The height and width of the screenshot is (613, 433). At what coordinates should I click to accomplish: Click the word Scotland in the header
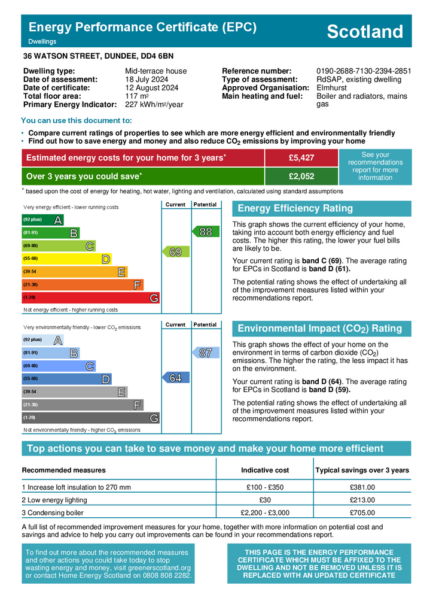pyautogui.click(x=365, y=32)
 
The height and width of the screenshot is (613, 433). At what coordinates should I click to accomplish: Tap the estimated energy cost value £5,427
pyautogui.click(x=301, y=157)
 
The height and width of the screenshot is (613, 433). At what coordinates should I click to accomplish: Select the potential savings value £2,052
pyautogui.click(x=301, y=176)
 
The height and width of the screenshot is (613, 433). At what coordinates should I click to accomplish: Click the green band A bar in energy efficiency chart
pyautogui.click(x=42, y=220)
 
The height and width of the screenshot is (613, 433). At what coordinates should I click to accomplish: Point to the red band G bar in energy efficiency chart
pyautogui.click(x=90, y=298)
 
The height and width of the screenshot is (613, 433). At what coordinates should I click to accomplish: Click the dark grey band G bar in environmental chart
pyautogui.click(x=90, y=417)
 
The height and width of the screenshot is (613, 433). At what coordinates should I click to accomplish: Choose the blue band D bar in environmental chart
pyautogui.click(x=66, y=378)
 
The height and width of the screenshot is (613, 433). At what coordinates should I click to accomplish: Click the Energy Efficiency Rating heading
pyautogui.click(x=295, y=208)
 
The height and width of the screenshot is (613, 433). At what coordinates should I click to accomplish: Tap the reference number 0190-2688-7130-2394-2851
pyautogui.click(x=364, y=71)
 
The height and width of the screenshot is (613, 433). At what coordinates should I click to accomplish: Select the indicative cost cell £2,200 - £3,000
pyautogui.click(x=264, y=512)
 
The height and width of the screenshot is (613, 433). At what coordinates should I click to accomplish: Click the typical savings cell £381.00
pyautogui.click(x=362, y=487)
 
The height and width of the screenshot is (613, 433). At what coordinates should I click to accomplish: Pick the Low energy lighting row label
pyautogui.click(x=54, y=500)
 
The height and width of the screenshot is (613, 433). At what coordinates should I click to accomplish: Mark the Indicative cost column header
pyautogui.click(x=264, y=470)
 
